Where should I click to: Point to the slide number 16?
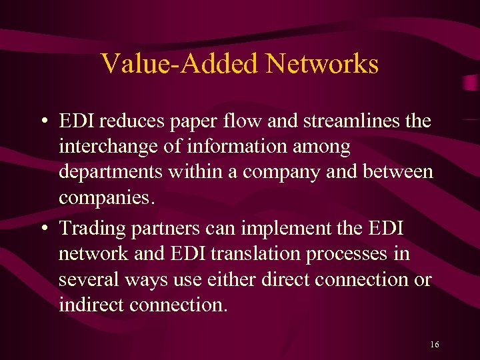[435, 345]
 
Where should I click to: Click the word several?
[82, 279]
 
